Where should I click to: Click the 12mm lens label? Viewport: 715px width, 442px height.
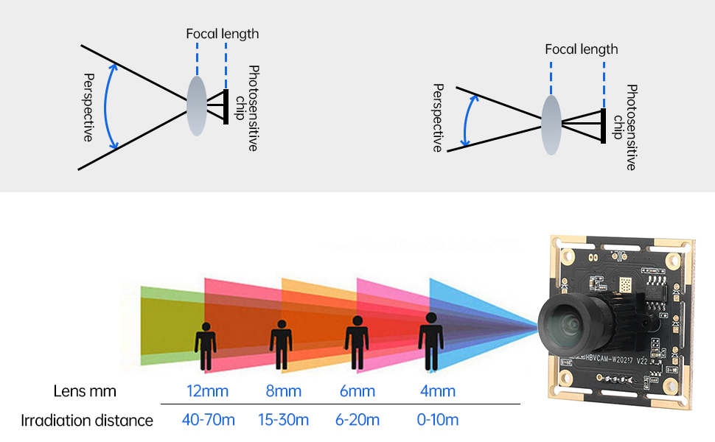207,391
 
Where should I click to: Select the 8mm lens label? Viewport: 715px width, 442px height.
284,391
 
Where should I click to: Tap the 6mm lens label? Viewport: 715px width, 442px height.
357,391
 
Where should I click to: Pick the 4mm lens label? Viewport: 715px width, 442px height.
438,391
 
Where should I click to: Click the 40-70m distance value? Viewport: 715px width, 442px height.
209,420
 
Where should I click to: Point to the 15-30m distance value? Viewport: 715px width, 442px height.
283,420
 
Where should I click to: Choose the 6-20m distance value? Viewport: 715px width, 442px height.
357,420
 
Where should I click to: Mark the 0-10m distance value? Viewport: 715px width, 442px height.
438,420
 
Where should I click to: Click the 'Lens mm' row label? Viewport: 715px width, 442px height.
85,391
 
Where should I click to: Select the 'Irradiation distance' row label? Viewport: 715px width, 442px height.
87,420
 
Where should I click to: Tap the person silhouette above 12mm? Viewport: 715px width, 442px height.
206,346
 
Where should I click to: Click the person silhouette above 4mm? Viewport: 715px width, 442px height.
431,341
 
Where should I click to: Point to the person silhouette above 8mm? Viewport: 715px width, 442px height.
281,345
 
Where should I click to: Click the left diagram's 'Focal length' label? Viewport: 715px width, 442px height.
223,34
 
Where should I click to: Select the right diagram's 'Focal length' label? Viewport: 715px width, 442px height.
582,49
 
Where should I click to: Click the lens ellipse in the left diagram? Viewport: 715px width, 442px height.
197,106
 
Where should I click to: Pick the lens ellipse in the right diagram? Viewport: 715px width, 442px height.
551,124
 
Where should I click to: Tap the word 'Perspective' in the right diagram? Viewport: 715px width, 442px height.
438,118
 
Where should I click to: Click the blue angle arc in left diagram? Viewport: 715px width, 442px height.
105,107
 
